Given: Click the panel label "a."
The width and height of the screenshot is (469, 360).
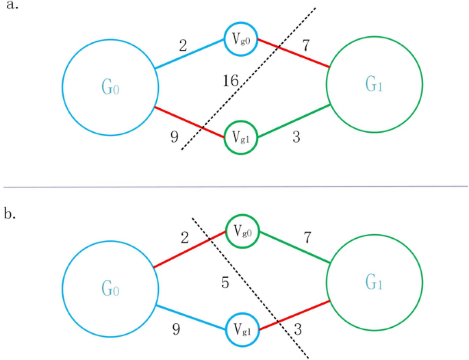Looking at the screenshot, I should coord(12,8).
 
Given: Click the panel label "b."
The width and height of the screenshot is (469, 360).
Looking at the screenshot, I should coord(12,214).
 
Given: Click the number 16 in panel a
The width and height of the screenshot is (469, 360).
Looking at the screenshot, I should coord(231,81).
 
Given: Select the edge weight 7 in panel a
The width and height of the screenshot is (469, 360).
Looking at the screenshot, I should coord(305,46).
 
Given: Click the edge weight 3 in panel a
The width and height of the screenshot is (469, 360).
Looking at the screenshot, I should coord(296,137).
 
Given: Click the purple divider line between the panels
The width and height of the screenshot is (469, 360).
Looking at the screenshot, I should coord(234,186).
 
